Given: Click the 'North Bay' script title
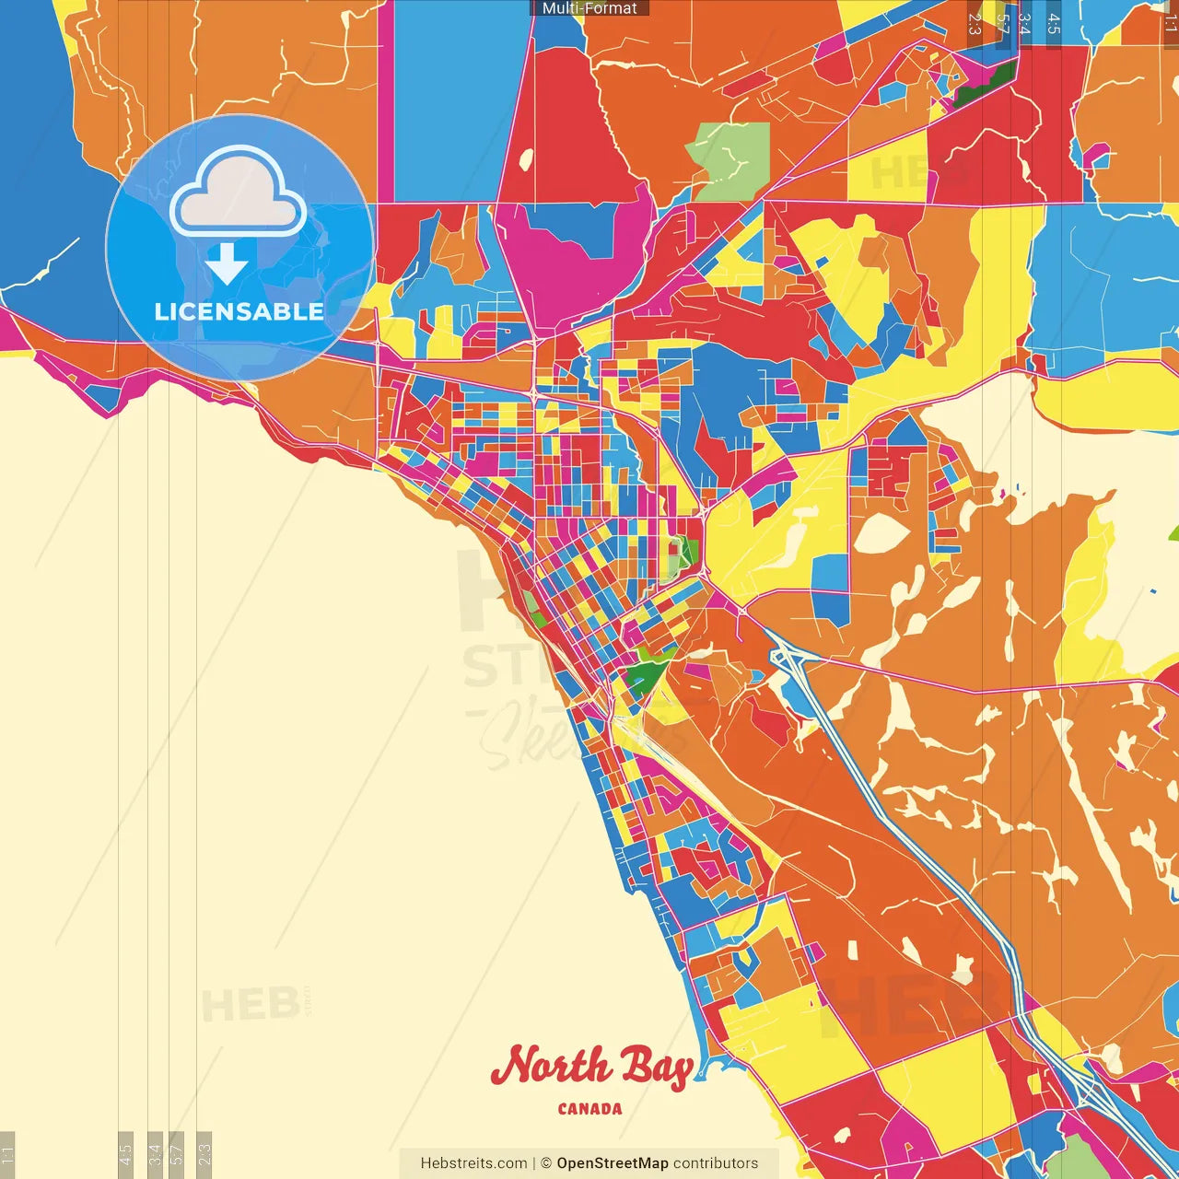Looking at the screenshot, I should pyautogui.click(x=591, y=1068).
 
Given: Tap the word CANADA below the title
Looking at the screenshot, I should pyautogui.click(x=589, y=1109).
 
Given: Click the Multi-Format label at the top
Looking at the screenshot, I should pyautogui.click(x=589, y=8).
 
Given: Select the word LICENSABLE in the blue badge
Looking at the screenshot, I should pyautogui.click(x=239, y=311).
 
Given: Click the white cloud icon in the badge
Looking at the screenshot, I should pyautogui.click(x=239, y=195).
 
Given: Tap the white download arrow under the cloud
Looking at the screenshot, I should pyautogui.click(x=227, y=264).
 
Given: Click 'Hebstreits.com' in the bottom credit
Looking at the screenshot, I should pyautogui.click(x=473, y=1163).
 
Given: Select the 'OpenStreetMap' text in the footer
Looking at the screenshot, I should pyautogui.click(x=612, y=1163).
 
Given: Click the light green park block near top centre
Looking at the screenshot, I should pyautogui.click(x=730, y=159).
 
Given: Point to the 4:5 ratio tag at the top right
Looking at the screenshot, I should pyautogui.click(x=1054, y=23).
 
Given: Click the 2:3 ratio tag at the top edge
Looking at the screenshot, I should pyautogui.click(x=975, y=23).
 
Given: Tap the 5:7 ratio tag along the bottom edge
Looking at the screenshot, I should pyautogui.click(x=177, y=1153).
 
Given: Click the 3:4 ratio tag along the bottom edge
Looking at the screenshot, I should pyautogui.click(x=155, y=1153).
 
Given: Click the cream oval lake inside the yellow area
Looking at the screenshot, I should pyautogui.click(x=881, y=533).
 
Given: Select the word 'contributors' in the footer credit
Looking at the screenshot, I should pyautogui.click(x=716, y=1163).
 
